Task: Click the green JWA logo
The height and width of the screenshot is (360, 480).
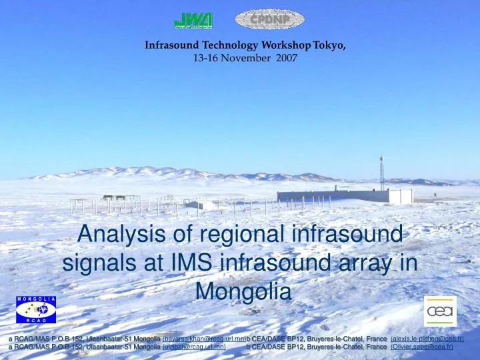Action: pos(193,21)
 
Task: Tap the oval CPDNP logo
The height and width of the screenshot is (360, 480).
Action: pos(269,19)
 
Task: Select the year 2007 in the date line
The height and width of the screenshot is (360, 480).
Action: pos(285,58)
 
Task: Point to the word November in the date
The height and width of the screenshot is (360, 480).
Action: pos(247,58)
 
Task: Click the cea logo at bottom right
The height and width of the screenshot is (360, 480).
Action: pos(440,311)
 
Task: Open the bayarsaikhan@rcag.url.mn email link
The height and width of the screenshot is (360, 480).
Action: pos(204,339)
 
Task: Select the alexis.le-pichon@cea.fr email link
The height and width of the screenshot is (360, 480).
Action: pos(427,339)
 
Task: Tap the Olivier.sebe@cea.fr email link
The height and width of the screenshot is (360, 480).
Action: pos(421,347)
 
